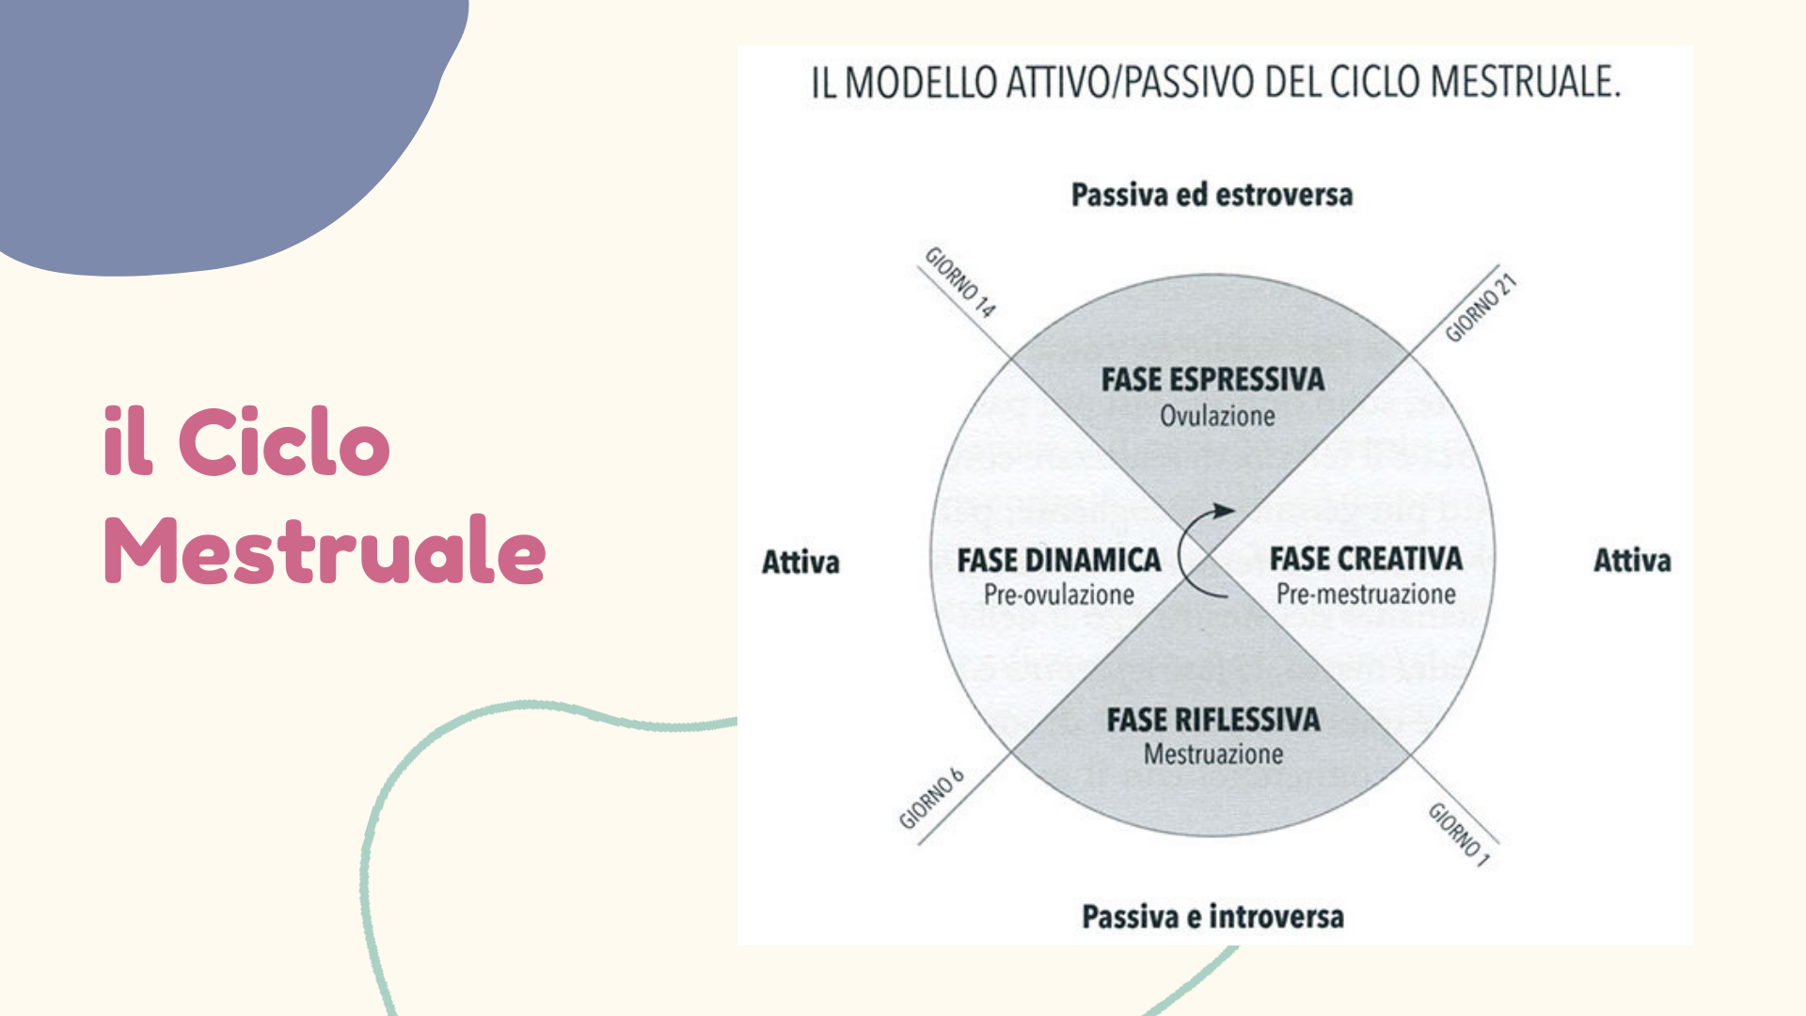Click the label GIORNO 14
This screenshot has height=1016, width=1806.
[960, 282]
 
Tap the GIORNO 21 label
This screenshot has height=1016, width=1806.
[1481, 308]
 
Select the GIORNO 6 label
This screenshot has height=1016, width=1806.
[931, 799]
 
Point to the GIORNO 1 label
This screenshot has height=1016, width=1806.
[1459, 833]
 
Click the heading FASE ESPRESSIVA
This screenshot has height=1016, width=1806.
[1212, 380]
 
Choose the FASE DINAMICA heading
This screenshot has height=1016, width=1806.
[1059, 561]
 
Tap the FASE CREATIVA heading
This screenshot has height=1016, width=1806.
[1366, 559]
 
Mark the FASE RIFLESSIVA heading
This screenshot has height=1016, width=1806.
[1213, 720]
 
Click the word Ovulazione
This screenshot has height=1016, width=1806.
[1217, 416]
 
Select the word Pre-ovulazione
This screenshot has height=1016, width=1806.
[1059, 595]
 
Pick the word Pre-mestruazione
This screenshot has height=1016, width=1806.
[1366, 595]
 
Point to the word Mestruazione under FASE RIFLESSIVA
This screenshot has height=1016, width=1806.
[1213, 754]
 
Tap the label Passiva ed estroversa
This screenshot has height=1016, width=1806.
[1212, 195]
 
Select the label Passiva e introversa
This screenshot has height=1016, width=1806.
[1212, 916]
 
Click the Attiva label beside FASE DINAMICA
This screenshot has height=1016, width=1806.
[800, 562]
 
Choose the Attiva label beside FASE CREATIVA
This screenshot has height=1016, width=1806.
[1632, 561]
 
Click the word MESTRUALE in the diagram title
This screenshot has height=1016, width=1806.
[1525, 82]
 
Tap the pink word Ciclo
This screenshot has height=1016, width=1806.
[283, 441]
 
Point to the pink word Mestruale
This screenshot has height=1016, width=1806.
[325, 549]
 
